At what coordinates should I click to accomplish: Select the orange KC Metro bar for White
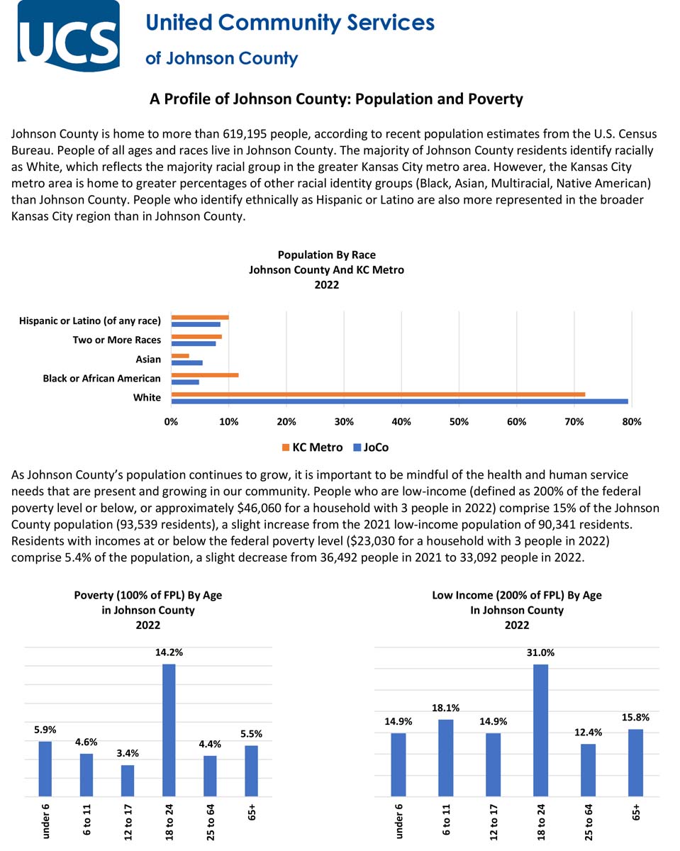pos(378,394)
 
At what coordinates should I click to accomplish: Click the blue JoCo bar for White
pos(399,401)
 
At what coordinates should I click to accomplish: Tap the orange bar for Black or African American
pos(205,374)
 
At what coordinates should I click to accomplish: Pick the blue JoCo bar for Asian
pos(186,363)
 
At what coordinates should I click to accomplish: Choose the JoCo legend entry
pos(372,447)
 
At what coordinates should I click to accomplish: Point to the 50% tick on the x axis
pos(459,422)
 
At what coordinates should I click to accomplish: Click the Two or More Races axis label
pos(116,340)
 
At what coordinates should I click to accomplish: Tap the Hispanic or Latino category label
pos(90,321)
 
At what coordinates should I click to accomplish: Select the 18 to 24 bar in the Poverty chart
pos(169,730)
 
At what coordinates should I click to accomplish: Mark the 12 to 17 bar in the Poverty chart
pos(128,780)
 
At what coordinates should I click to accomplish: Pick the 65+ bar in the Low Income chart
pos(635,762)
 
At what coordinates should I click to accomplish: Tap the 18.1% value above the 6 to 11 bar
pos(445,708)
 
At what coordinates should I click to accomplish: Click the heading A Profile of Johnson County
pos(336,99)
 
